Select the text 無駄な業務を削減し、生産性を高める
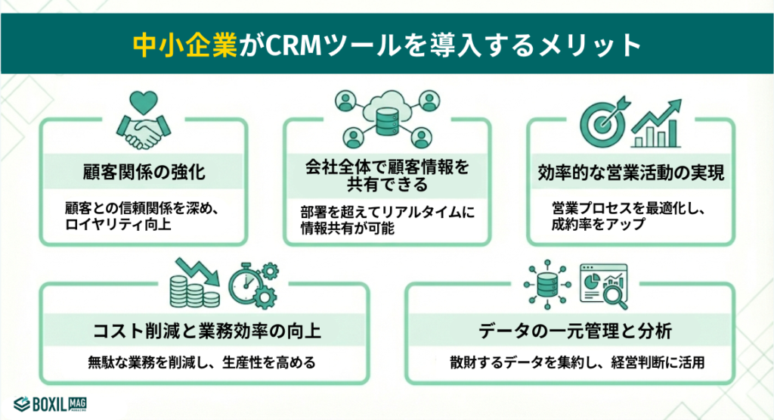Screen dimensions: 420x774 [x=201, y=362]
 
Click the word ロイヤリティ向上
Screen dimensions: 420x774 [x=120, y=224]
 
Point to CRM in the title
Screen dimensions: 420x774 [x=286, y=44]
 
